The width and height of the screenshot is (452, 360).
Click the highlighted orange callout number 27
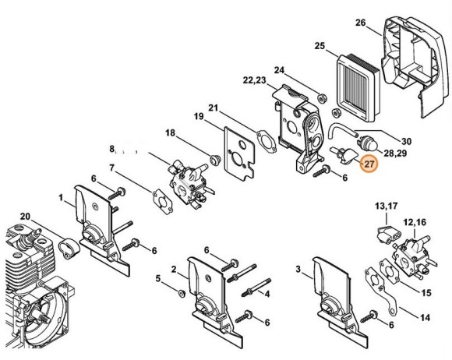click(x=369, y=164)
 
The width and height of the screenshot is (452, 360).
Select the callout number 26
click(x=360, y=23)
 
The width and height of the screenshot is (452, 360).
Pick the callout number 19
click(x=199, y=117)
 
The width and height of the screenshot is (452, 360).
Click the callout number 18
click(x=170, y=134)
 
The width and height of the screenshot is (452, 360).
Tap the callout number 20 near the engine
click(x=25, y=216)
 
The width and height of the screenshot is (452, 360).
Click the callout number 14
click(x=425, y=318)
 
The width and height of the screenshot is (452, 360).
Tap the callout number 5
click(x=158, y=278)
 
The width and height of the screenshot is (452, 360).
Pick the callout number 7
click(x=112, y=168)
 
